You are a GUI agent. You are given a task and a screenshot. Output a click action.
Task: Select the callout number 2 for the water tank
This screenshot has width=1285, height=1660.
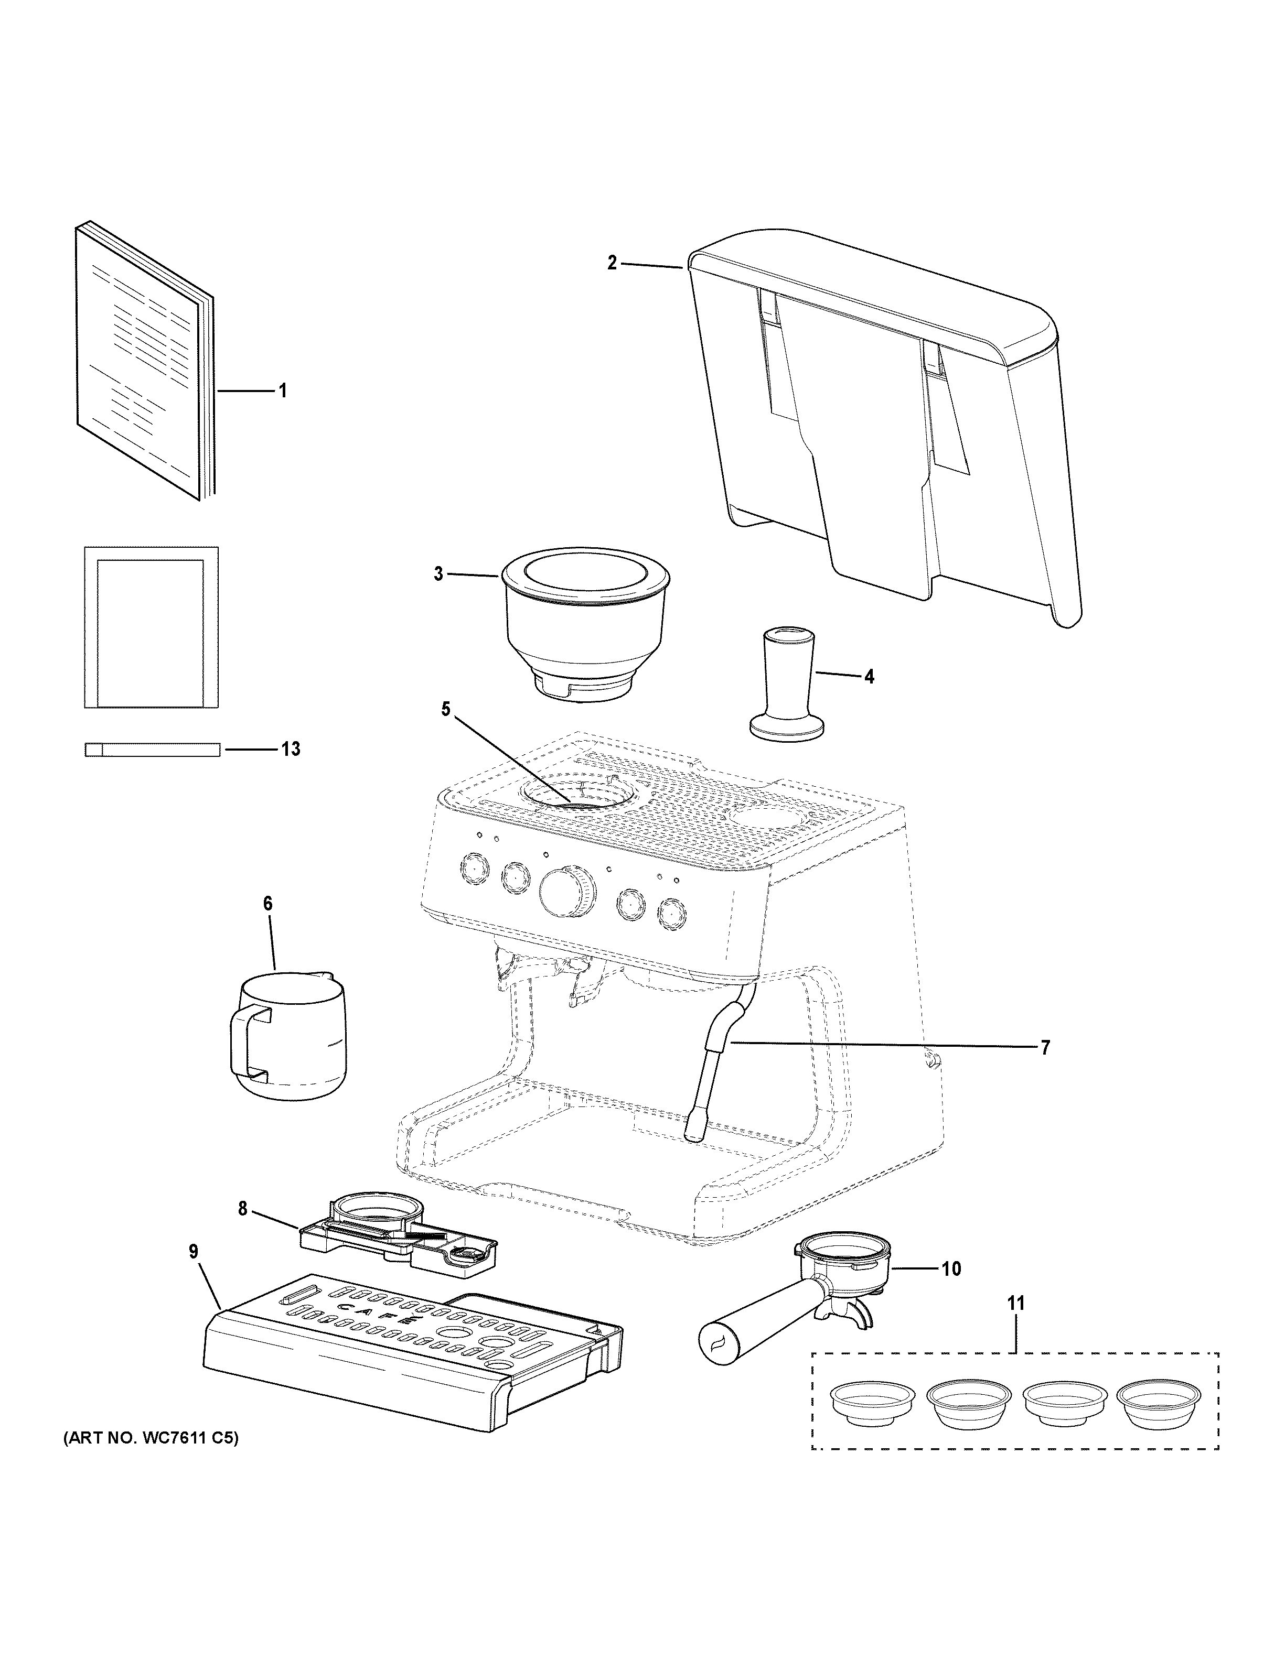[612, 263]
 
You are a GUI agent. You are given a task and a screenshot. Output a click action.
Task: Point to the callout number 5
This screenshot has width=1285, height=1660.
[446, 709]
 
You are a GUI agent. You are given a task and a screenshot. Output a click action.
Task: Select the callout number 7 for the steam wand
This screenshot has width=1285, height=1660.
[1045, 1047]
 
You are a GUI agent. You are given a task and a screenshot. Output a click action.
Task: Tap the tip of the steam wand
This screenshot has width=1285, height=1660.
[694, 1157]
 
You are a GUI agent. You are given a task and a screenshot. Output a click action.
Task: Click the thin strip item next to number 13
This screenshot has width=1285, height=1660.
[152, 750]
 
